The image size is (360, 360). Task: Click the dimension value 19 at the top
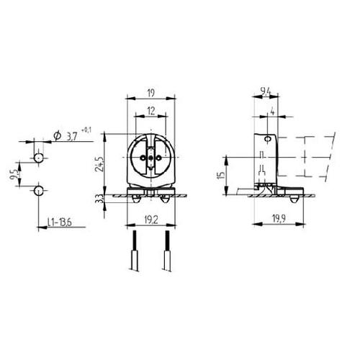click(151, 93)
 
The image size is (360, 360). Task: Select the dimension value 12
click(151, 109)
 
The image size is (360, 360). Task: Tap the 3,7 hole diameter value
click(73, 136)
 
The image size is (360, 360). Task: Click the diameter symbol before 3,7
click(56, 136)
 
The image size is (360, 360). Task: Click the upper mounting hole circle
click(38, 156)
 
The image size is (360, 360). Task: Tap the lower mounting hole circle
click(38, 190)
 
